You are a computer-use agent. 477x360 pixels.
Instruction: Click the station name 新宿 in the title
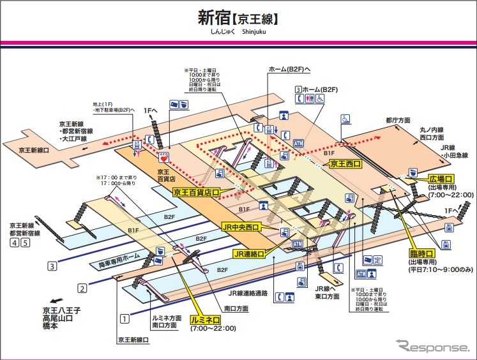pyautogui.click(x=218, y=17)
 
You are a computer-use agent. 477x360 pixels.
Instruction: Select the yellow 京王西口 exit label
pyautogui.click(x=345, y=164)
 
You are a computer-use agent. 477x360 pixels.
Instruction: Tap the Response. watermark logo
pyautogui.click(x=432, y=347)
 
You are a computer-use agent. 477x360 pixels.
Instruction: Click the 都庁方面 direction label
pyautogui.click(x=397, y=119)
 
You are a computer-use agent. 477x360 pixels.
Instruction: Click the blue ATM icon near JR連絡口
pyautogui.click(x=297, y=244)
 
